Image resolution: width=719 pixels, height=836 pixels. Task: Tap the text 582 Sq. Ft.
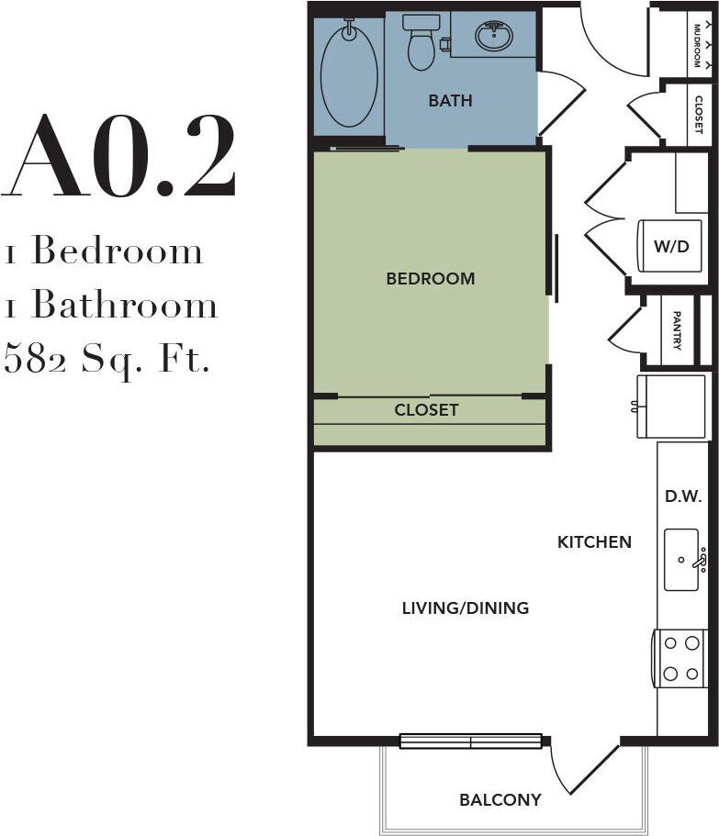tap(107, 358)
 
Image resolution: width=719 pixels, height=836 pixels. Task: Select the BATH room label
tap(450, 101)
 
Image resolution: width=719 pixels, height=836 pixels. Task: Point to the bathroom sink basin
tap(494, 37)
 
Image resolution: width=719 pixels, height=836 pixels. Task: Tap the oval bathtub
tap(349, 75)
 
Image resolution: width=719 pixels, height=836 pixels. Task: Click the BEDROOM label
tap(430, 278)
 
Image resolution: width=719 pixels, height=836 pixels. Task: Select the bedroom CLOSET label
tap(426, 410)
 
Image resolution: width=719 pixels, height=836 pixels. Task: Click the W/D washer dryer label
tap(670, 246)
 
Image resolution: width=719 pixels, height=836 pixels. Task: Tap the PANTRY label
tap(677, 330)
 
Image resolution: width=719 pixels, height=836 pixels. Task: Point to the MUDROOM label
tap(698, 44)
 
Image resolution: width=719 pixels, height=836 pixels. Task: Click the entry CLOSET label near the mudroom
tap(699, 115)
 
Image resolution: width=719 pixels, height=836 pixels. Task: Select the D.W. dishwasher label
tap(682, 496)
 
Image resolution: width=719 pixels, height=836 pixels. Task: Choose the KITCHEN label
tap(594, 542)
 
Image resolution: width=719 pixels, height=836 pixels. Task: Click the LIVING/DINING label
tap(466, 607)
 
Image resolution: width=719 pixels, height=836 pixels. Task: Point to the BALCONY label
tap(500, 799)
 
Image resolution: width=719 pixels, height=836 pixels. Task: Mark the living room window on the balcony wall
tap(470, 741)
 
